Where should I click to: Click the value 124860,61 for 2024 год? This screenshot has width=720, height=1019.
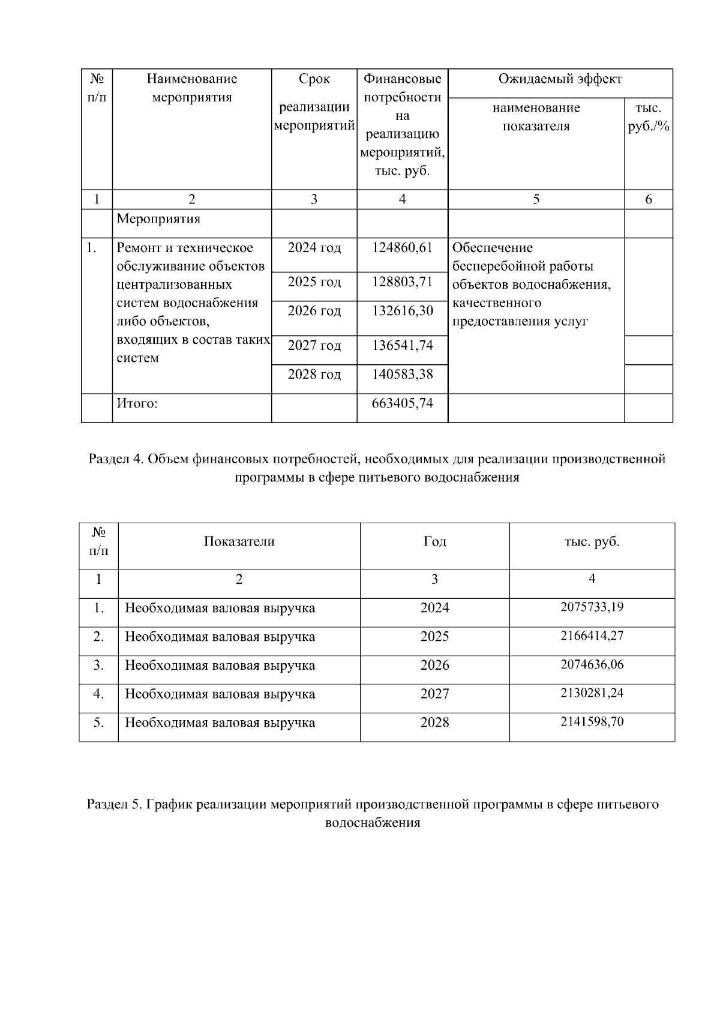click(402, 248)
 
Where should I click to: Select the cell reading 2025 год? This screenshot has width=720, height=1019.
click(314, 282)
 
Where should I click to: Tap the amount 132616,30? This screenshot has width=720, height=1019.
click(402, 311)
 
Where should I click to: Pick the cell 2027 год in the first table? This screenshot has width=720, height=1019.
click(314, 346)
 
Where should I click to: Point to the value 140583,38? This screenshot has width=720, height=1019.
click(402, 374)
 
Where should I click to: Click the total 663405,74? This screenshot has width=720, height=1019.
click(402, 403)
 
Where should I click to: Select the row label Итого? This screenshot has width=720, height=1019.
click(137, 403)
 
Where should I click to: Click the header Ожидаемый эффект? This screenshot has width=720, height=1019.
click(560, 79)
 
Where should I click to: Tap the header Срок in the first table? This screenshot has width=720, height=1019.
click(314, 79)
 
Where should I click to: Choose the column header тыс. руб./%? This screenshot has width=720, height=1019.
click(648, 118)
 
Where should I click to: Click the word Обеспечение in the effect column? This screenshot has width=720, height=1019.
click(492, 248)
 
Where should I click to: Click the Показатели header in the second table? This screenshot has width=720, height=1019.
click(239, 541)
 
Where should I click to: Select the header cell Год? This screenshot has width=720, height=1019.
click(434, 541)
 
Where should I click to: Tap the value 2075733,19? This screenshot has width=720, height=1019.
click(592, 607)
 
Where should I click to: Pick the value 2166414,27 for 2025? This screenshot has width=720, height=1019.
click(592, 636)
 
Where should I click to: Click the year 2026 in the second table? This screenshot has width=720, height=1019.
click(434, 666)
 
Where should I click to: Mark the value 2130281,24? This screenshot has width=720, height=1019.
click(592, 693)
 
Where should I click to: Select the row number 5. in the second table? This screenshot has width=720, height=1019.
click(98, 723)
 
